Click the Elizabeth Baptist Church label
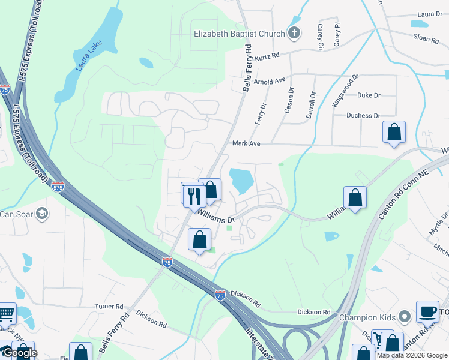[x=239, y=34]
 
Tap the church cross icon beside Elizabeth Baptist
[x=294, y=33]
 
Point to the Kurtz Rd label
[x=267, y=56]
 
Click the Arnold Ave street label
[x=270, y=81]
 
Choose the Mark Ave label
[x=246, y=144]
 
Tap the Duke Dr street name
[x=369, y=95]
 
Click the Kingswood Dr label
[x=345, y=91]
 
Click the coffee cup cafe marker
[x=427, y=311]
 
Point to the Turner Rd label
[x=109, y=306]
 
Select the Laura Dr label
[x=430, y=14]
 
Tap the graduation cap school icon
[x=43, y=213]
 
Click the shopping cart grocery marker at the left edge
[x=5, y=313]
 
